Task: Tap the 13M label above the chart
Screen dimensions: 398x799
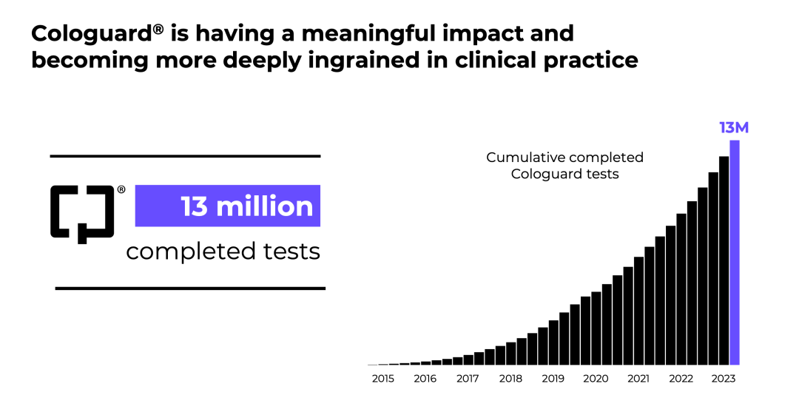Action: (x=734, y=128)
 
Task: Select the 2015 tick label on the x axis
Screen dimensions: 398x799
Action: (x=382, y=379)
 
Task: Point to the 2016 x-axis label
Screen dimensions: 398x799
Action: (x=425, y=379)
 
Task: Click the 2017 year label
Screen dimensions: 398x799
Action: (x=468, y=379)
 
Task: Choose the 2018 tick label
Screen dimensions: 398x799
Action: (x=510, y=379)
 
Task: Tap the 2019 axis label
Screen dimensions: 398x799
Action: (x=553, y=379)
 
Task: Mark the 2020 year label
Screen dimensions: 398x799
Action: (x=596, y=379)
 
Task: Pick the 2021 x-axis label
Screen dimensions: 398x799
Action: (x=638, y=379)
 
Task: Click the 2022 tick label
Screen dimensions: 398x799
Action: (x=681, y=379)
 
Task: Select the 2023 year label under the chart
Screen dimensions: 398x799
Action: (x=724, y=379)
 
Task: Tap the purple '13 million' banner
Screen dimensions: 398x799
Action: (x=227, y=206)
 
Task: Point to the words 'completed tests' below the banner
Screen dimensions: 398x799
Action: (x=223, y=252)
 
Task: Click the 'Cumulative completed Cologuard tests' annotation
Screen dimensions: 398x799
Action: (x=564, y=166)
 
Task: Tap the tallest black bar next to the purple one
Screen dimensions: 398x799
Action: (x=724, y=260)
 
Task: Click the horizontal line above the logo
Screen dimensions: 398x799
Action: (x=185, y=156)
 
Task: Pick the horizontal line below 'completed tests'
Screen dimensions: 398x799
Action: (x=190, y=289)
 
